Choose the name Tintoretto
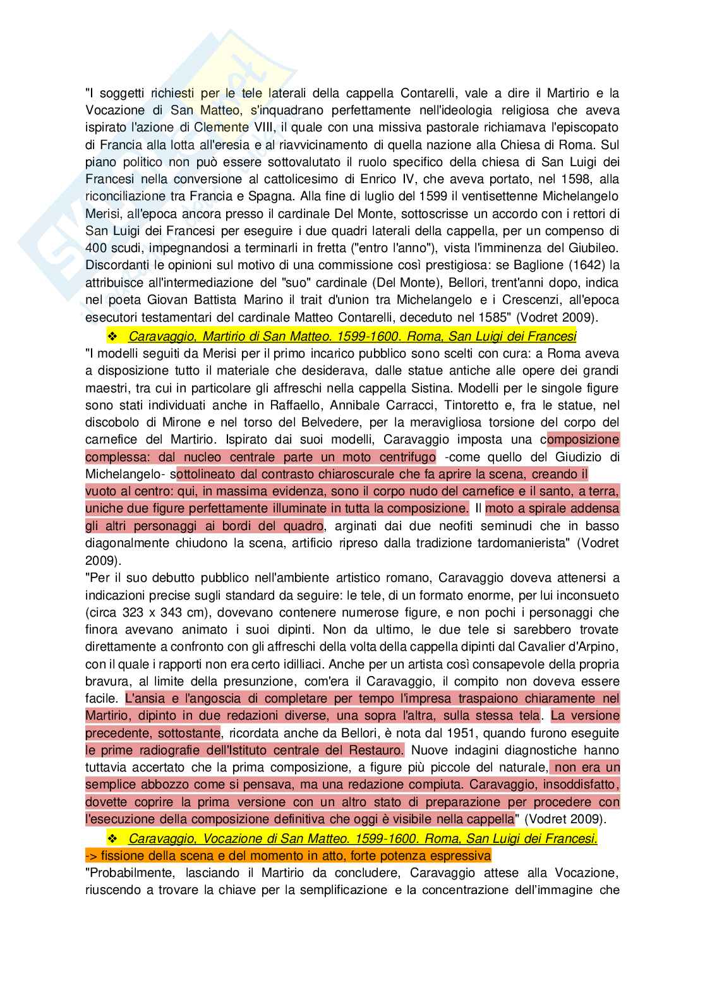(445, 404)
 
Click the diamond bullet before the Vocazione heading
(114, 839)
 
